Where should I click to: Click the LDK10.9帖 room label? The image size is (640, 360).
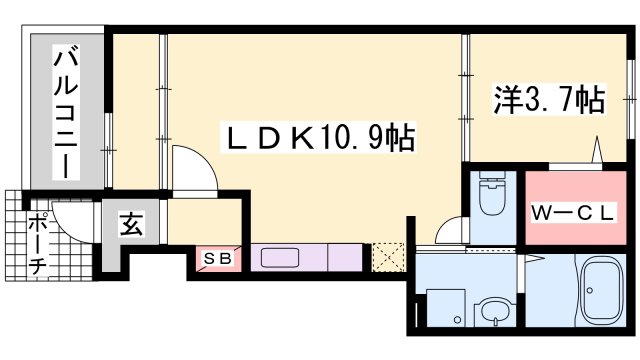[x=318, y=138]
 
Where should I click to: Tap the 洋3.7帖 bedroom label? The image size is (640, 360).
[x=549, y=100]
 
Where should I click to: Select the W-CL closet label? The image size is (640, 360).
[x=572, y=213]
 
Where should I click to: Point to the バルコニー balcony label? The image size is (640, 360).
[x=66, y=115]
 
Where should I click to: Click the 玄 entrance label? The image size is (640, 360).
[x=131, y=224]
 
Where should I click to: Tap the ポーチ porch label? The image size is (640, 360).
[x=38, y=244]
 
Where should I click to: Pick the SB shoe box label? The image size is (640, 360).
[x=218, y=258]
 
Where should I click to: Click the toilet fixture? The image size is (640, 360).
[x=493, y=192]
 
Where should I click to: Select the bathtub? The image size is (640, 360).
[x=602, y=290]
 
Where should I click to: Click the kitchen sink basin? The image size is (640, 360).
[x=280, y=258]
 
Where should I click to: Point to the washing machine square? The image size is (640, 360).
[x=446, y=308]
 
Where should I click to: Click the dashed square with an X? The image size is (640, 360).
[x=388, y=258]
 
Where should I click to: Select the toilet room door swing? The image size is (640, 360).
[x=451, y=231]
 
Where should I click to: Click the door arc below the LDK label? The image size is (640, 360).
[x=194, y=167]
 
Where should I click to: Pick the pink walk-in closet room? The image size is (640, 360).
[x=576, y=208]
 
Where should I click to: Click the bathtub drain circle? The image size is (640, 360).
[x=589, y=290]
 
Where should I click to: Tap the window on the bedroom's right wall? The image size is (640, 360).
[x=630, y=99]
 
